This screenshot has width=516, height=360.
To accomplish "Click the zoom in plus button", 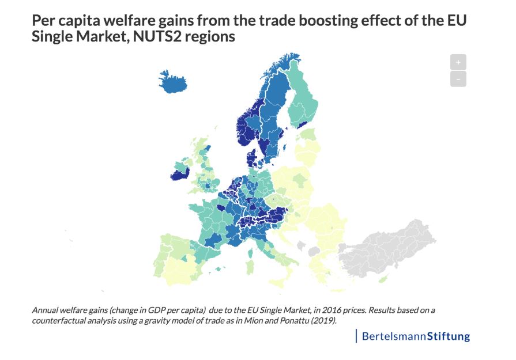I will click(x=458, y=62).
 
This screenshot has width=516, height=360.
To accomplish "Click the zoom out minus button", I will click(x=458, y=79).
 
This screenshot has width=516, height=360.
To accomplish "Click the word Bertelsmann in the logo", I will click(x=394, y=336).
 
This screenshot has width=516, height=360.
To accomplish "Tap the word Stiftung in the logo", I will click(x=448, y=336).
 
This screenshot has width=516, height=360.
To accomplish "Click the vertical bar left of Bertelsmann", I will click(x=356, y=335).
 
